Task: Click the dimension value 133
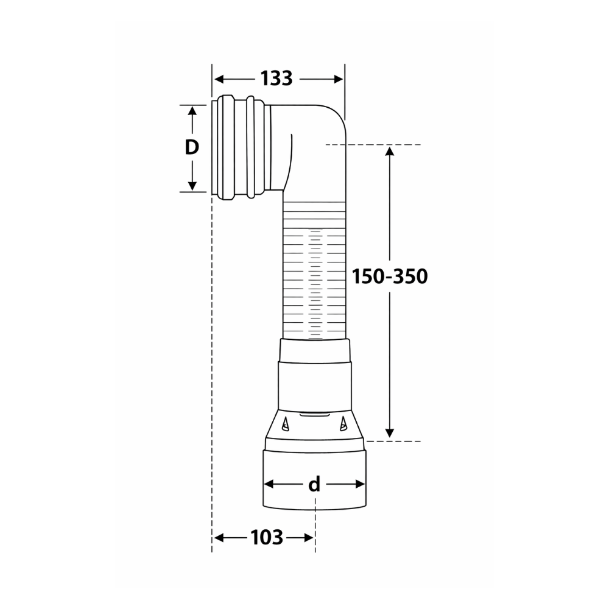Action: click(x=276, y=79)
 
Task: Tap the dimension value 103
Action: click(x=267, y=538)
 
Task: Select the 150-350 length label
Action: click(x=390, y=276)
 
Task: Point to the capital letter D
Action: click(x=192, y=147)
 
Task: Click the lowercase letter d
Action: click(x=314, y=484)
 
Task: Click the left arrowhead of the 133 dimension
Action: click(x=219, y=79)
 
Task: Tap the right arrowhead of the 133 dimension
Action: click(x=338, y=79)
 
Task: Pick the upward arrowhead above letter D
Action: click(x=192, y=111)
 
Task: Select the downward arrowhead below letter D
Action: click(x=192, y=186)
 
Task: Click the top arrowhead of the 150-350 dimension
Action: click(x=390, y=150)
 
